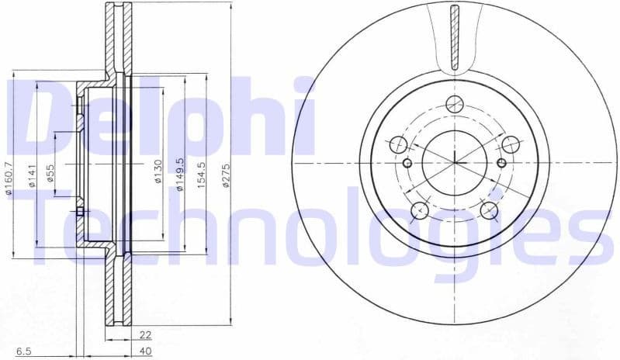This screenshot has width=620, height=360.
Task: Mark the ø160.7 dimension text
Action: (x=9, y=177)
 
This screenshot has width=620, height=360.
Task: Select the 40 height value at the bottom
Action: (x=144, y=351)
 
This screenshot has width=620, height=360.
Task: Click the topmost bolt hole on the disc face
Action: (x=455, y=106)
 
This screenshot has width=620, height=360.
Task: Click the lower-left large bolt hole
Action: (x=419, y=209)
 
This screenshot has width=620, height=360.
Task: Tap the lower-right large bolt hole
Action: (x=488, y=209)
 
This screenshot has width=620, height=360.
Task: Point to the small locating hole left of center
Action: (x=407, y=163)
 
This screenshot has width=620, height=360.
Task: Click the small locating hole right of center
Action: (x=501, y=163)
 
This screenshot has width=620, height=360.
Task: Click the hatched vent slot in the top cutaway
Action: (x=455, y=35)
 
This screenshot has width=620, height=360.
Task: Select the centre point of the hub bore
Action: (x=455, y=163)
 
